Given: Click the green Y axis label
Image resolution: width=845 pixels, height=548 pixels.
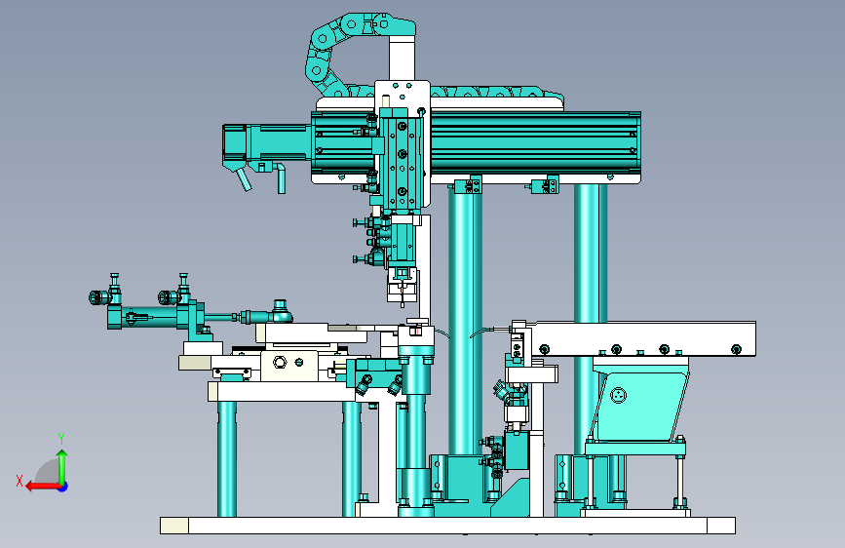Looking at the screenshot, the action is [61, 439].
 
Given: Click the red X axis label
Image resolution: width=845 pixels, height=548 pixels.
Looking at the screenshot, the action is [19, 481].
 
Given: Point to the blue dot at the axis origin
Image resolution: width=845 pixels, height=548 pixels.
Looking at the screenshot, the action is [63, 487].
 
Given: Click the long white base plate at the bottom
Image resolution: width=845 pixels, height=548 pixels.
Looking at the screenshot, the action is [447, 526].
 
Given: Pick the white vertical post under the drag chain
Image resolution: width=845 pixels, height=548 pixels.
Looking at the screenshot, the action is [402, 59].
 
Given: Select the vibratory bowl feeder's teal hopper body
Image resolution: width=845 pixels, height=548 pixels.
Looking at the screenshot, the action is [638, 399].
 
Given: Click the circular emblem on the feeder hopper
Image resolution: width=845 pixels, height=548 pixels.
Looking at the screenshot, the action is [619, 395].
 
